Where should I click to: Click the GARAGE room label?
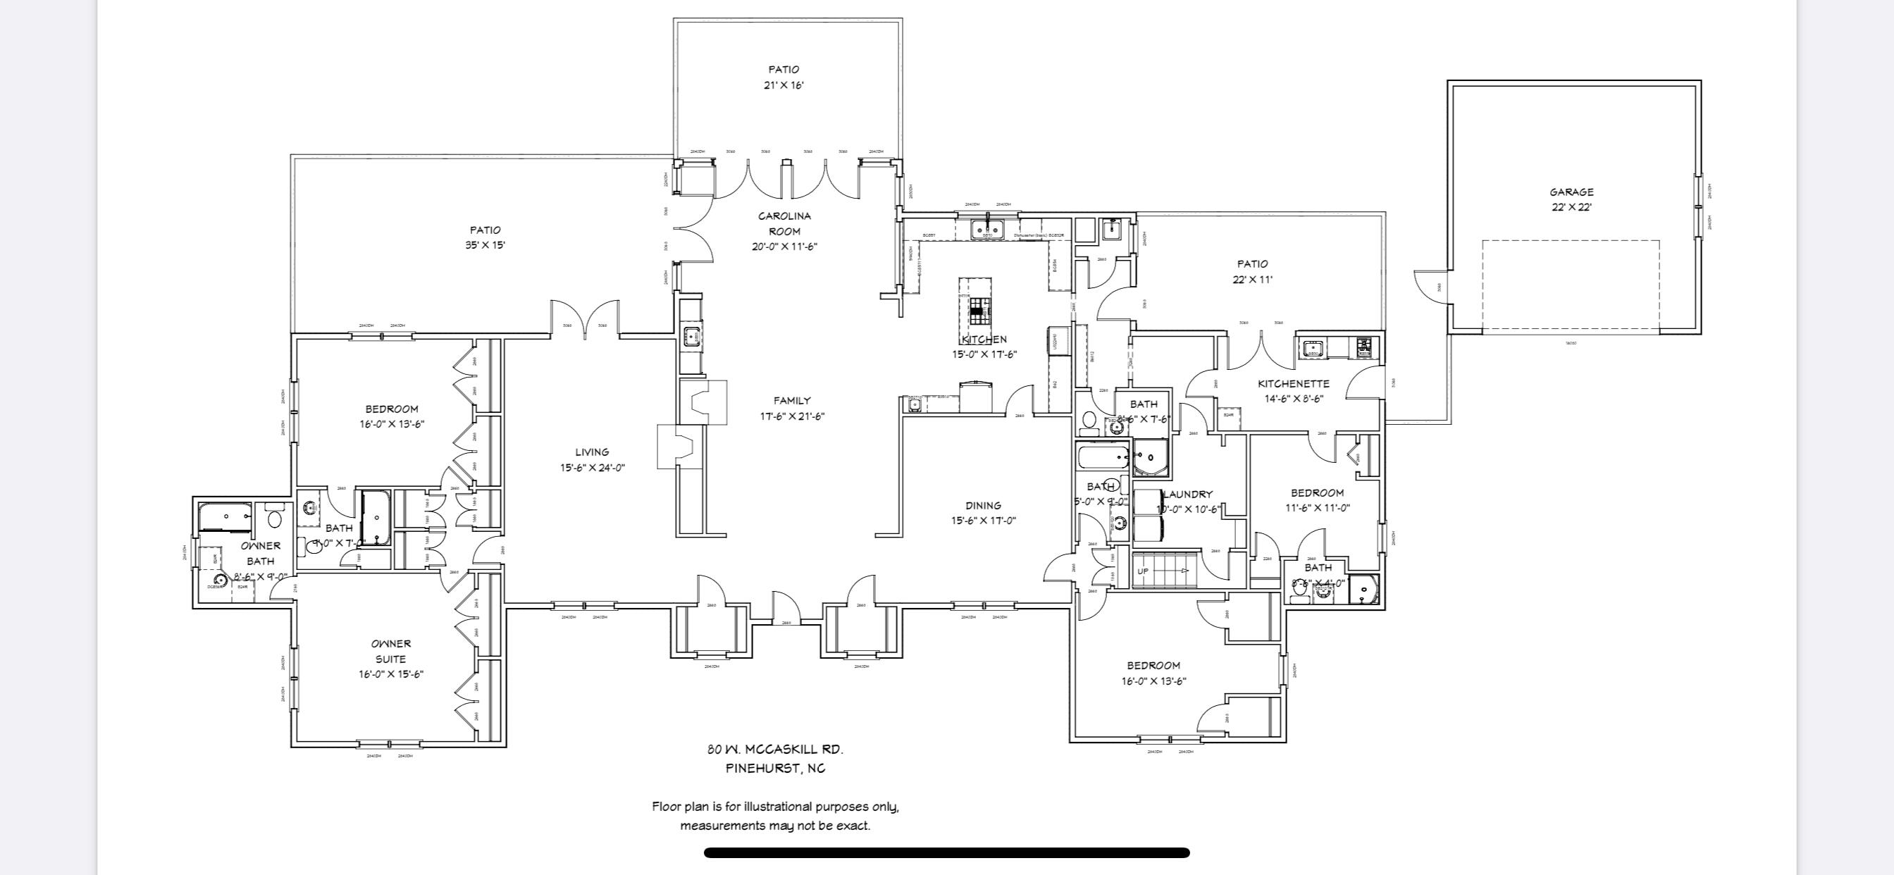pyautogui.click(x=1571, y=192)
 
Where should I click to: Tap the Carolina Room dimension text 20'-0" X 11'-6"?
pyautogui.click(x=784, y=247)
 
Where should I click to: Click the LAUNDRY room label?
pyautogui.click(x=1187, y=494)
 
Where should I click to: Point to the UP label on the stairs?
pyautogui.click(x=1143, y=571)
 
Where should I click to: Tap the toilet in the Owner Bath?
pyautogui.click(x=275, y=519)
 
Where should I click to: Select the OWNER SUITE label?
pyautogui.click(x=390, y=652)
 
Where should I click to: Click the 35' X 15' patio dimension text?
pyautogui.click(x=485, y=246)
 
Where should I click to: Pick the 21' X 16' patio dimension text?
pyautogui.click(x=784, y=85)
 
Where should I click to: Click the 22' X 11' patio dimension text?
pyautogui.click(x=1252, y=280)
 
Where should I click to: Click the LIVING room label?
pyautogui.click(x=592, y=452)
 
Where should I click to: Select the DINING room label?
pyautogui.click(x=983, y=505)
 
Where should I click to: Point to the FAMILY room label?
pyautogui.click(x=792, y=401)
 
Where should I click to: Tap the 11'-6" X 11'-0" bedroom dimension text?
pyautogui.click(x=1317, y=508)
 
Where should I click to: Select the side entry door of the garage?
pyautogui.click(x=1430, y=287)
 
